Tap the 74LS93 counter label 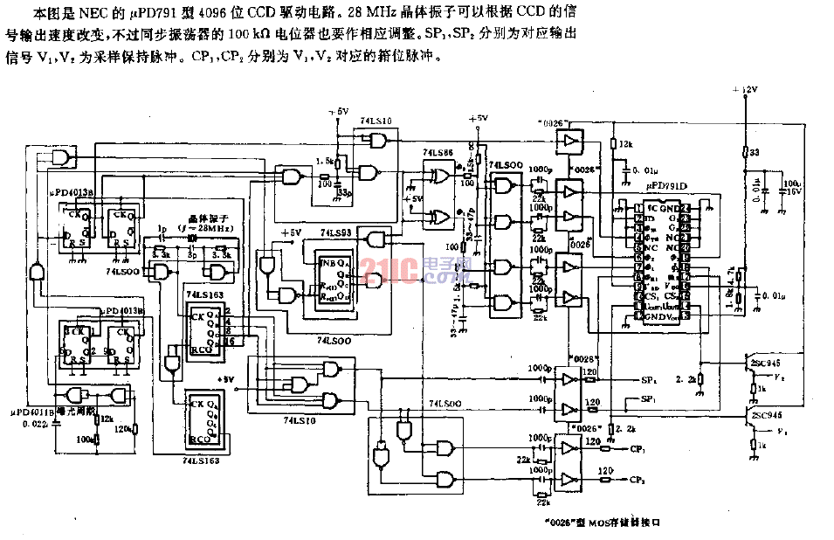point(335,233)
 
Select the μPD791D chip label point(667,185)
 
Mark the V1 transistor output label point(782,432)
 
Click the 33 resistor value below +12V point(754,152)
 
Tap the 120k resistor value point(122,429)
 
